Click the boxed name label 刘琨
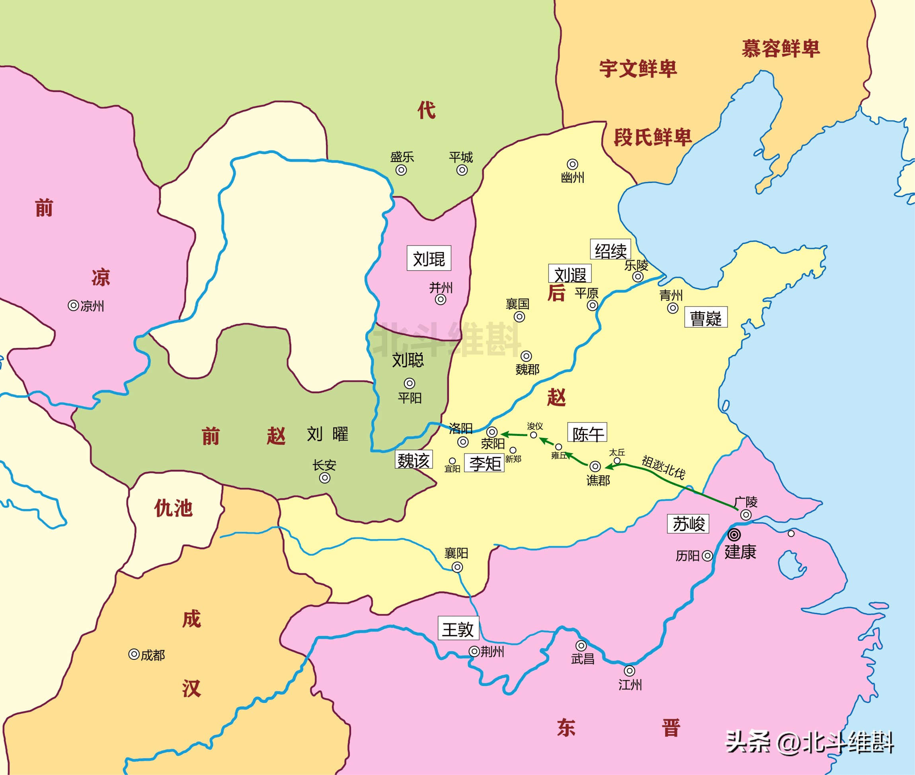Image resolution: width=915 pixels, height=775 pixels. (429, 258)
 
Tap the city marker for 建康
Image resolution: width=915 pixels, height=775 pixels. (734, 535)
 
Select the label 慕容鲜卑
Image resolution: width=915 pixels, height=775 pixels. (781, 49)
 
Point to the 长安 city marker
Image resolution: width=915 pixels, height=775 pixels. (325, 478)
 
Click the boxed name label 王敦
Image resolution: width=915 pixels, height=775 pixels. (458, 629)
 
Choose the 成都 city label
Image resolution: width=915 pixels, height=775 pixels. (153, 655)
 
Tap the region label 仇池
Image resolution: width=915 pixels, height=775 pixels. (174, 508)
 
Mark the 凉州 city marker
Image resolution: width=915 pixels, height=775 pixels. (73, 305)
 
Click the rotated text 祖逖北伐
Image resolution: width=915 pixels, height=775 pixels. (663, 467)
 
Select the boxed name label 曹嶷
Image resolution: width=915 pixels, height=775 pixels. (706, 318)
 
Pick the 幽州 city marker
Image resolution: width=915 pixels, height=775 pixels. (572, 164)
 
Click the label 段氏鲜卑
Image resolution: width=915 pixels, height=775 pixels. (653, 137)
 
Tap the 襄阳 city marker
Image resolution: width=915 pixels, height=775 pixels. (457, 567)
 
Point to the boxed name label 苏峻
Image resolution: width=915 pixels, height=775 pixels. (688, 524)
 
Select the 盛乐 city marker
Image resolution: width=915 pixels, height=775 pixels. (401, 170)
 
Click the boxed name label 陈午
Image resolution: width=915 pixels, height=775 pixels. (587, 433)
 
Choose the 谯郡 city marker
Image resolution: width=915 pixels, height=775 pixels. (595, 466)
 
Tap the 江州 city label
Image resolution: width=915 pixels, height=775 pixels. (630, 685)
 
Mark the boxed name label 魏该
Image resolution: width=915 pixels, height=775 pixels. (414, 460)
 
